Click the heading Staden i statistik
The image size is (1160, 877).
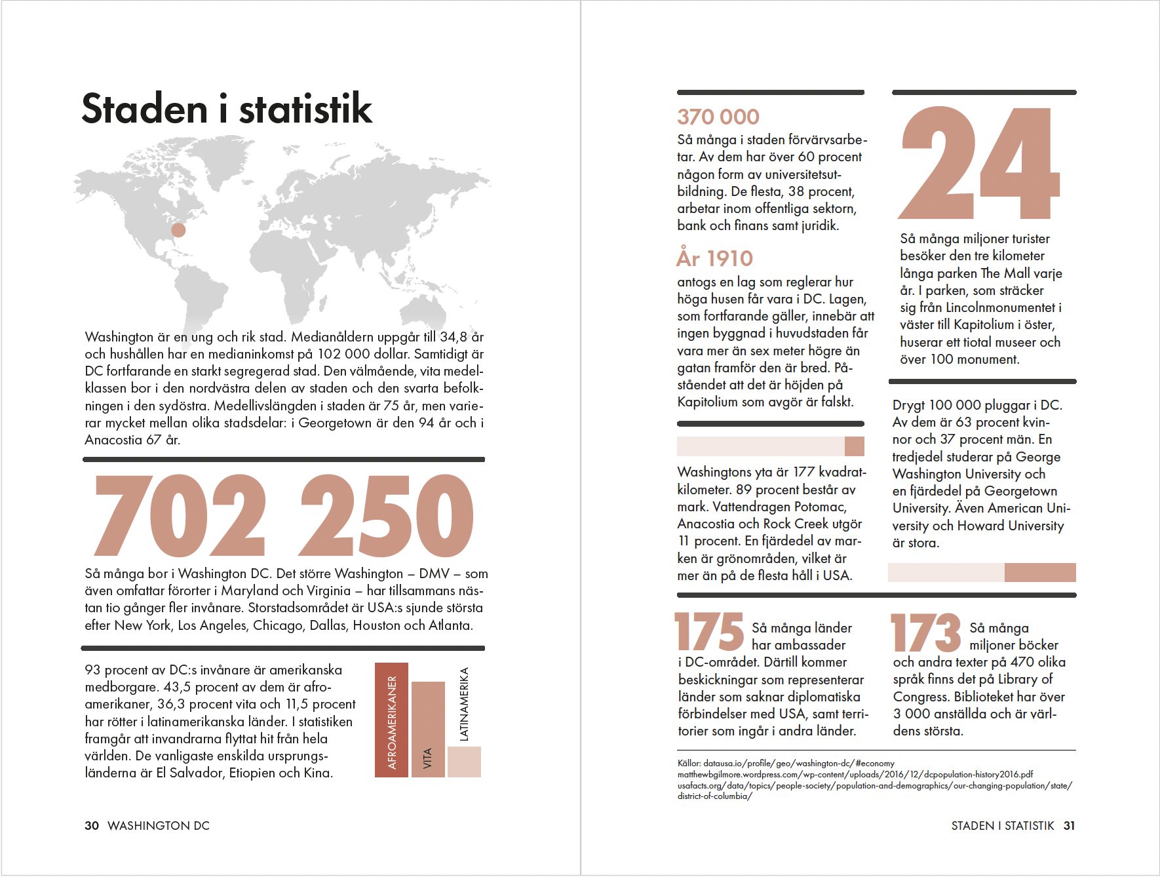coord(227,109)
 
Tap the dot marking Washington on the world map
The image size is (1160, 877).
coord(178,230)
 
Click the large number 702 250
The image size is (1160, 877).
coord(284,516)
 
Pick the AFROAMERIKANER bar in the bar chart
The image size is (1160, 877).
coord(391,720)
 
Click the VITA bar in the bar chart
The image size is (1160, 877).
coord(428,729)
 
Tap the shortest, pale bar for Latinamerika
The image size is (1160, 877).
coord(464,762)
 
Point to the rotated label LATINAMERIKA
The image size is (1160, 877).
coord(464,704)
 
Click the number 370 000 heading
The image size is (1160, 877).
coord(718,117)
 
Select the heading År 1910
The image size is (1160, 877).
coord(715,258)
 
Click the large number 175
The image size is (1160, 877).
coord(708,633)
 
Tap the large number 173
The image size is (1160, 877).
coord(925,633)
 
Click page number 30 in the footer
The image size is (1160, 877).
coord(92,826)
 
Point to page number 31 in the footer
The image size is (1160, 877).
coord(1069,826)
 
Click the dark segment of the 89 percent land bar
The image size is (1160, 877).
coord(854,446)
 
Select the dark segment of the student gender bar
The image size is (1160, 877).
coord(1040,572)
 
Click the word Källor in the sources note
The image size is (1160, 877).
coord(689,764)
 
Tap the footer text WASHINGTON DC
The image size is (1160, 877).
coord(159,826)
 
